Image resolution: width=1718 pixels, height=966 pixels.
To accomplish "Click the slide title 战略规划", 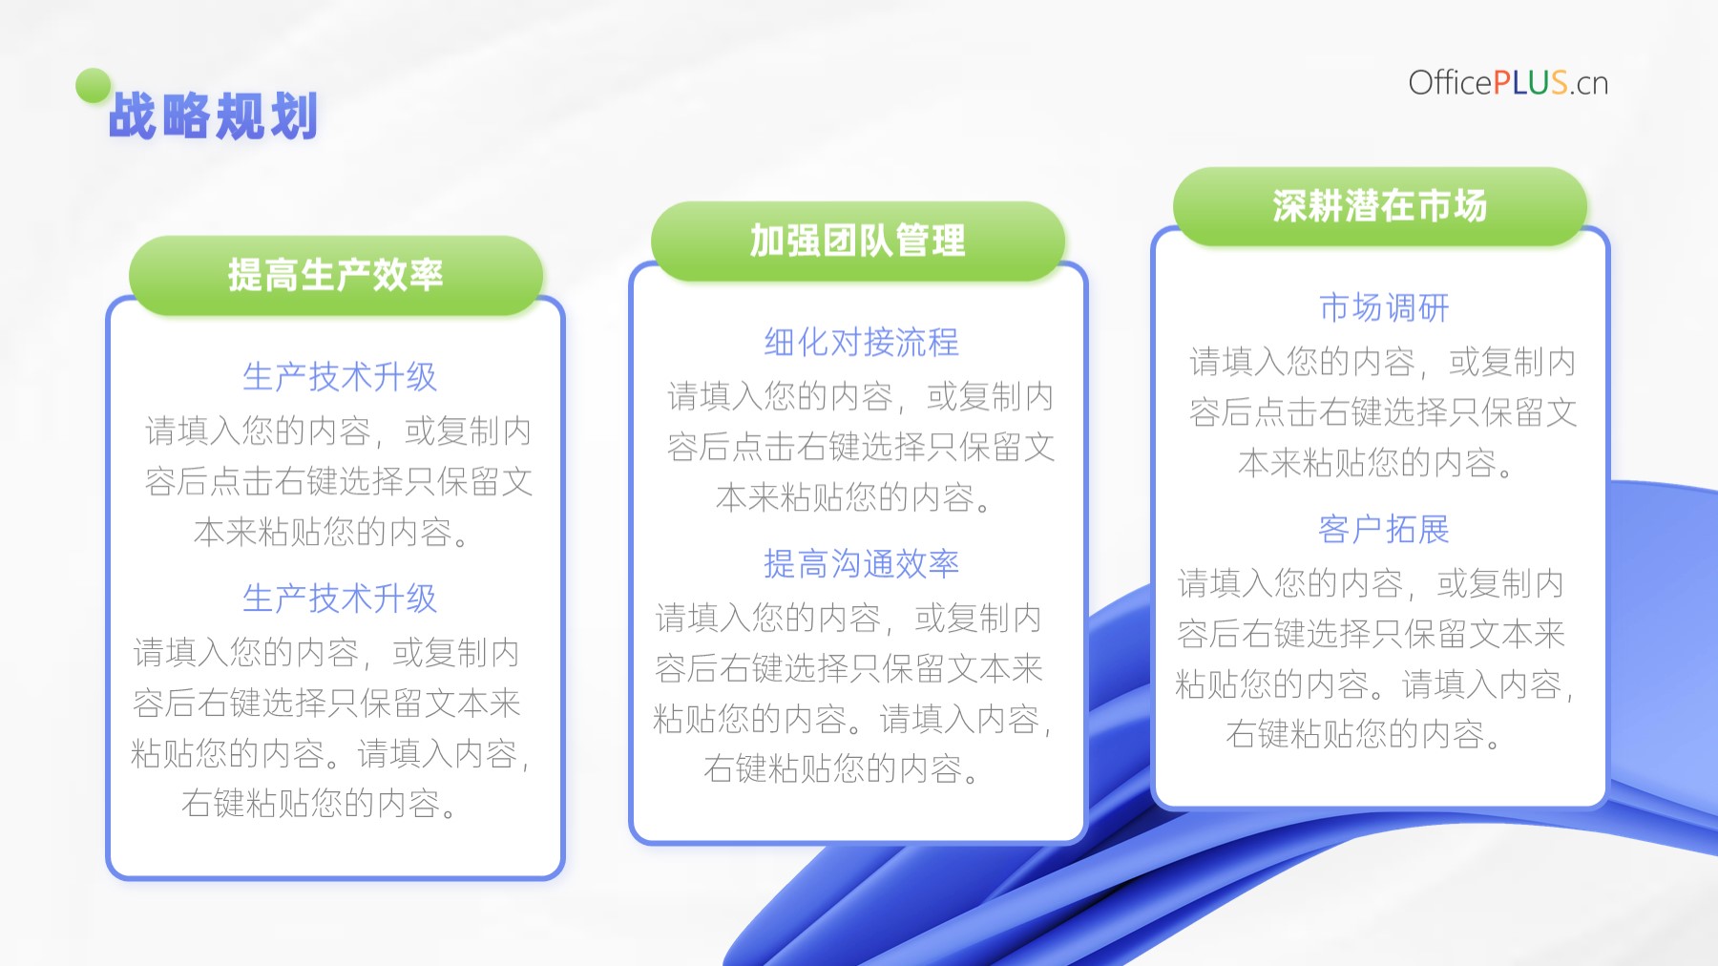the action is coord(213,116).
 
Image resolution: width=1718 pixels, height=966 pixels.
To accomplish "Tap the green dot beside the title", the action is coord(94,86).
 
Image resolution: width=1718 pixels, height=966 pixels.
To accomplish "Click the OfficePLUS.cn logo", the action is coord(1508,83).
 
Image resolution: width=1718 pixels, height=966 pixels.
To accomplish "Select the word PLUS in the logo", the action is coord(1531,83).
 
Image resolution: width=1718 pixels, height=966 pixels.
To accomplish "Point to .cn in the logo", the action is coord(1589,85).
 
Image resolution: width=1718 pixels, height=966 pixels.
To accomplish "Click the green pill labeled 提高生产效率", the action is coord(336,275).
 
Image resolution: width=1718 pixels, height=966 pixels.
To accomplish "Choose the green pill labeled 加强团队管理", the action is coord(857,241).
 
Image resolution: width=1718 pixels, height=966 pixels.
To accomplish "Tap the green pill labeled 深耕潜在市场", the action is coord(1380,206).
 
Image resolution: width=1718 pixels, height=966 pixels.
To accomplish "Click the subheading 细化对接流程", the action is coord(861,342).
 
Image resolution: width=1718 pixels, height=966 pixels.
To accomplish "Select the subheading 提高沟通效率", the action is coord(861,563).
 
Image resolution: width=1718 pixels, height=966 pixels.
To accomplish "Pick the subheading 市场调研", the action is coord(1384,307).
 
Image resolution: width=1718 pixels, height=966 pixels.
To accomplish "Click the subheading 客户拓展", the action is coord(1384,529).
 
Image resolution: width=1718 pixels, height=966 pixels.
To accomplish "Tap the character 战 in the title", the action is coord(134,116).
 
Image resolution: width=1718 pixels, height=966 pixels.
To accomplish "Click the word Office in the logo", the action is coord(1451,83).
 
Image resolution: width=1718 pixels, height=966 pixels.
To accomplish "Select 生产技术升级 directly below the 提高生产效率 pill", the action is coord(340,376).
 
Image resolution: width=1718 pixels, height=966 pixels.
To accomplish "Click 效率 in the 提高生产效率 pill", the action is coord(408,275).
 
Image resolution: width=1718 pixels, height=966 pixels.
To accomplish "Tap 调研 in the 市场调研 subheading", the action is coord(1417,307).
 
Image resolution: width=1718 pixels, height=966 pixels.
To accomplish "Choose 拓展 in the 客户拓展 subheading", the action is coord(1417,529).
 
